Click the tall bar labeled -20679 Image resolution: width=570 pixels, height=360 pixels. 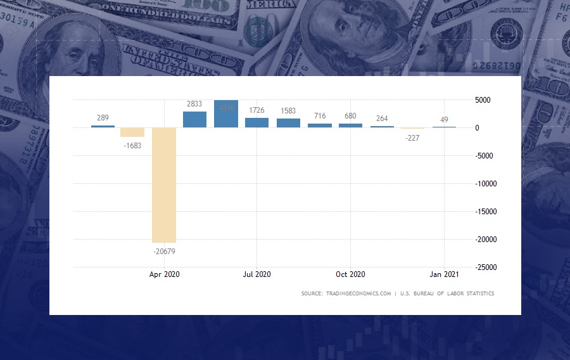click(x=164, y=185)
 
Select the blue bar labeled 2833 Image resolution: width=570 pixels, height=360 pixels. click(x=194, y=119)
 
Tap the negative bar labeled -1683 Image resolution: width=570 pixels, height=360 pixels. click(x=132, y=132)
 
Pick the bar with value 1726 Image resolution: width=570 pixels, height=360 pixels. click(x=256, y=122)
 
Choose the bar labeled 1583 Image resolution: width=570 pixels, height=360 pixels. click(x=288, y=123)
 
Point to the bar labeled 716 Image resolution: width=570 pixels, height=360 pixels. click(x=319, y=125)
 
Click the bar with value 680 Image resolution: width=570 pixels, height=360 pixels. click(x=350, y=125)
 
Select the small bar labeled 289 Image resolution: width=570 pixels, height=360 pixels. click(x=103, y=126)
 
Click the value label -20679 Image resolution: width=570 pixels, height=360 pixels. click(x=164, y=252)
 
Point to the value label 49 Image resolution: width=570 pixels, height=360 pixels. click(x=444, y=120)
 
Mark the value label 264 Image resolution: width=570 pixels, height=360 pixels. click(x=382, y=119)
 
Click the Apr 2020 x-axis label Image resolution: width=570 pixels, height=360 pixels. click(x=164, y=274)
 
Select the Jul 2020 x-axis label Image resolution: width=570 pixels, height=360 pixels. click(x=257, y=274)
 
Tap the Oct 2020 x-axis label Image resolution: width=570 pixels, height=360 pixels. click(x=350, y=274)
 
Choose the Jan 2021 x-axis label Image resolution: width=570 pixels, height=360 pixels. click(x=444, y=274)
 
